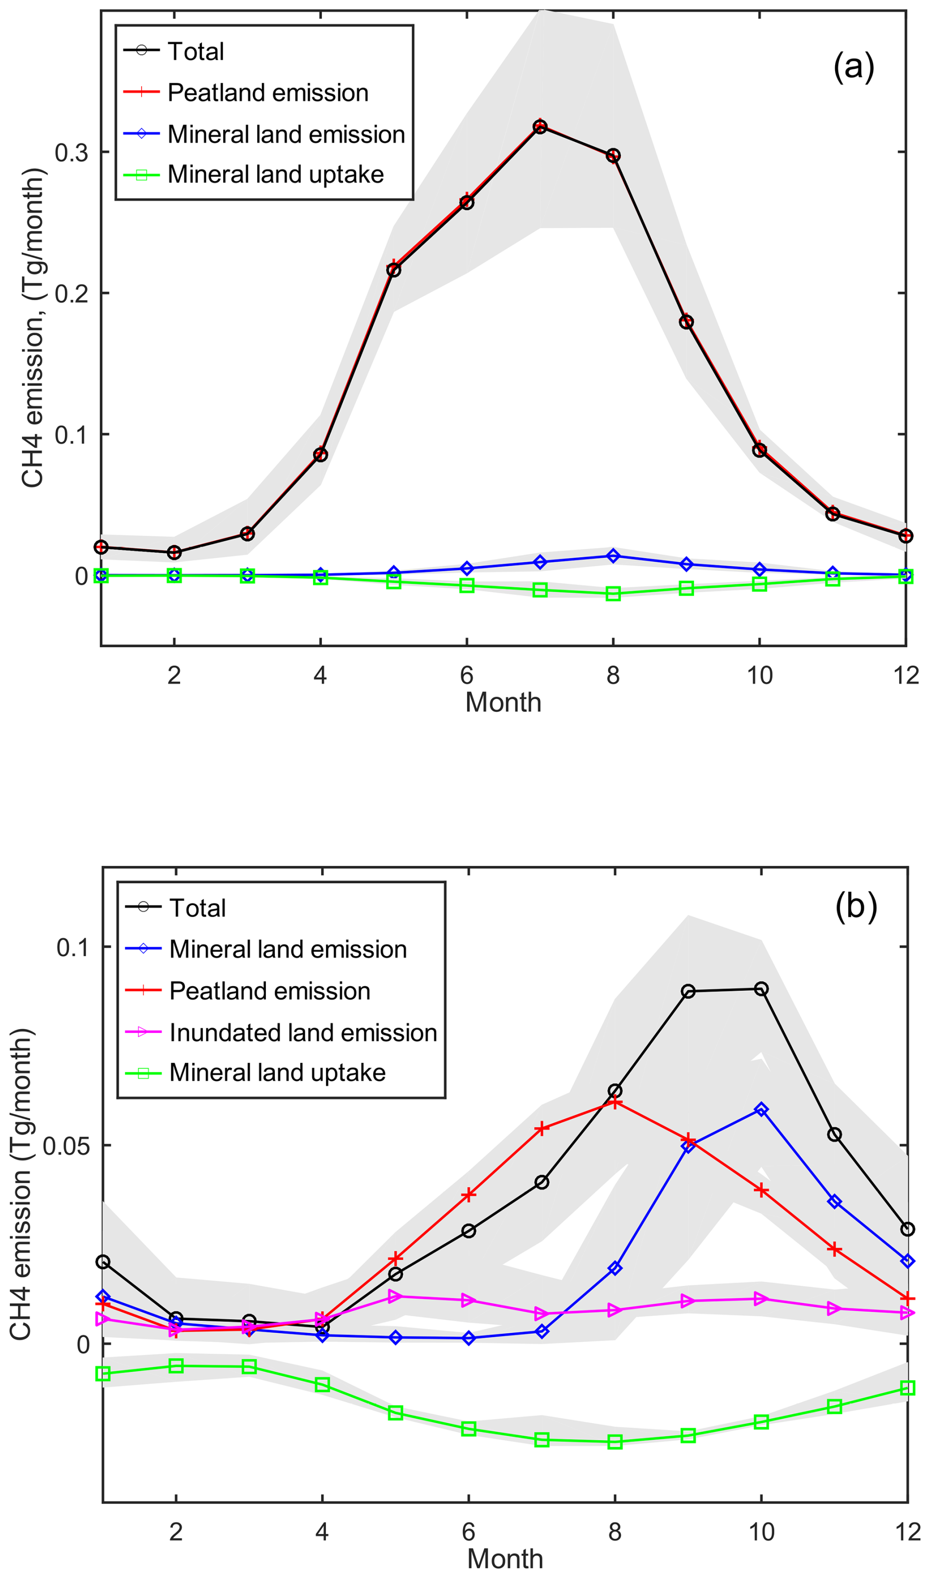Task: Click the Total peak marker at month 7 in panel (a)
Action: pos(540,126)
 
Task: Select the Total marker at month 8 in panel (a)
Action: pos(613,155)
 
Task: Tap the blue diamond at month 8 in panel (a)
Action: pos(613,556)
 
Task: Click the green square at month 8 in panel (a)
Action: pos(613,594)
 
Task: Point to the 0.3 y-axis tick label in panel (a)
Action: pos(71,152)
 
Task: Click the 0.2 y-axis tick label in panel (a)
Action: pos(71,293)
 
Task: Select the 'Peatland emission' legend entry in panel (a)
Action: pos(267,93)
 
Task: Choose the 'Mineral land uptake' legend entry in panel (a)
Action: pos(275,174)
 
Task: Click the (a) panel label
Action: pos(853,66)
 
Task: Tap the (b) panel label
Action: pos(855,907)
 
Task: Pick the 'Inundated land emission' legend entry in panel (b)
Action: pos(303,1032)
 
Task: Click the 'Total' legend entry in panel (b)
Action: pos(197,908)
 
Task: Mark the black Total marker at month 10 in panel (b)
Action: pos(761,989)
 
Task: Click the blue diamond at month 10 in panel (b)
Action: pos(761,1110)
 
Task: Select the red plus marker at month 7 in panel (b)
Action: pos(542,1128)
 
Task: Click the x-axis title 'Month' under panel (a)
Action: pos(503,702)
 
